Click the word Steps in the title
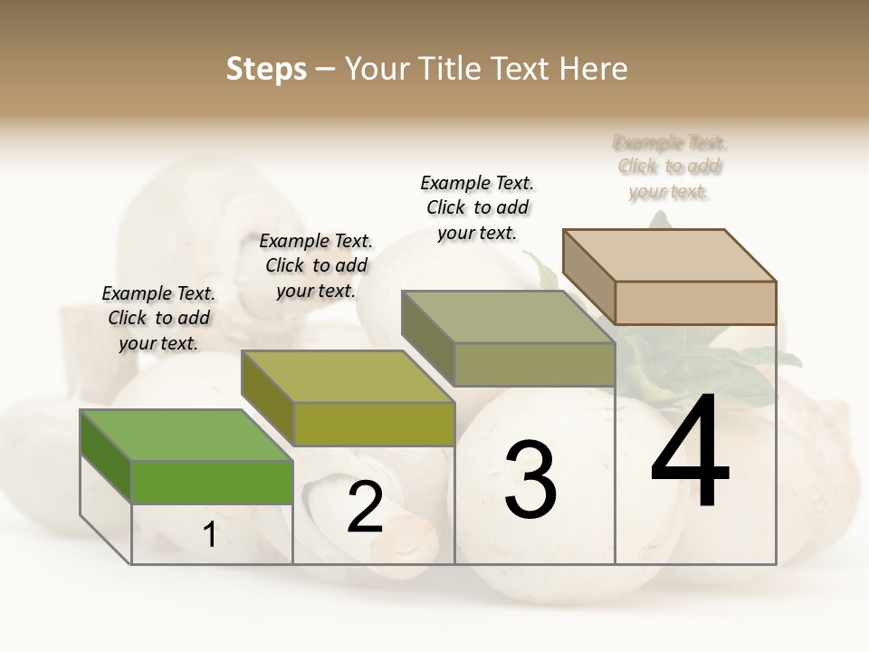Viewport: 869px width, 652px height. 266,69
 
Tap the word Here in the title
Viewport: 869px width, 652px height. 593,69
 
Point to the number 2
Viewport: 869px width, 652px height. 365,508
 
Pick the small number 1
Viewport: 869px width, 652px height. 210,535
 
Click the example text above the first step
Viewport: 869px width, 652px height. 158,318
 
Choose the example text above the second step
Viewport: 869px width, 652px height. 316,265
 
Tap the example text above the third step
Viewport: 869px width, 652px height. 477,207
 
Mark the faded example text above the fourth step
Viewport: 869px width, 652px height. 670,167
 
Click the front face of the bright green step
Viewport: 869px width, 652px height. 212,482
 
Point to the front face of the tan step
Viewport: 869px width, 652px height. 695,302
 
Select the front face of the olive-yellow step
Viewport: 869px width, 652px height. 374,424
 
